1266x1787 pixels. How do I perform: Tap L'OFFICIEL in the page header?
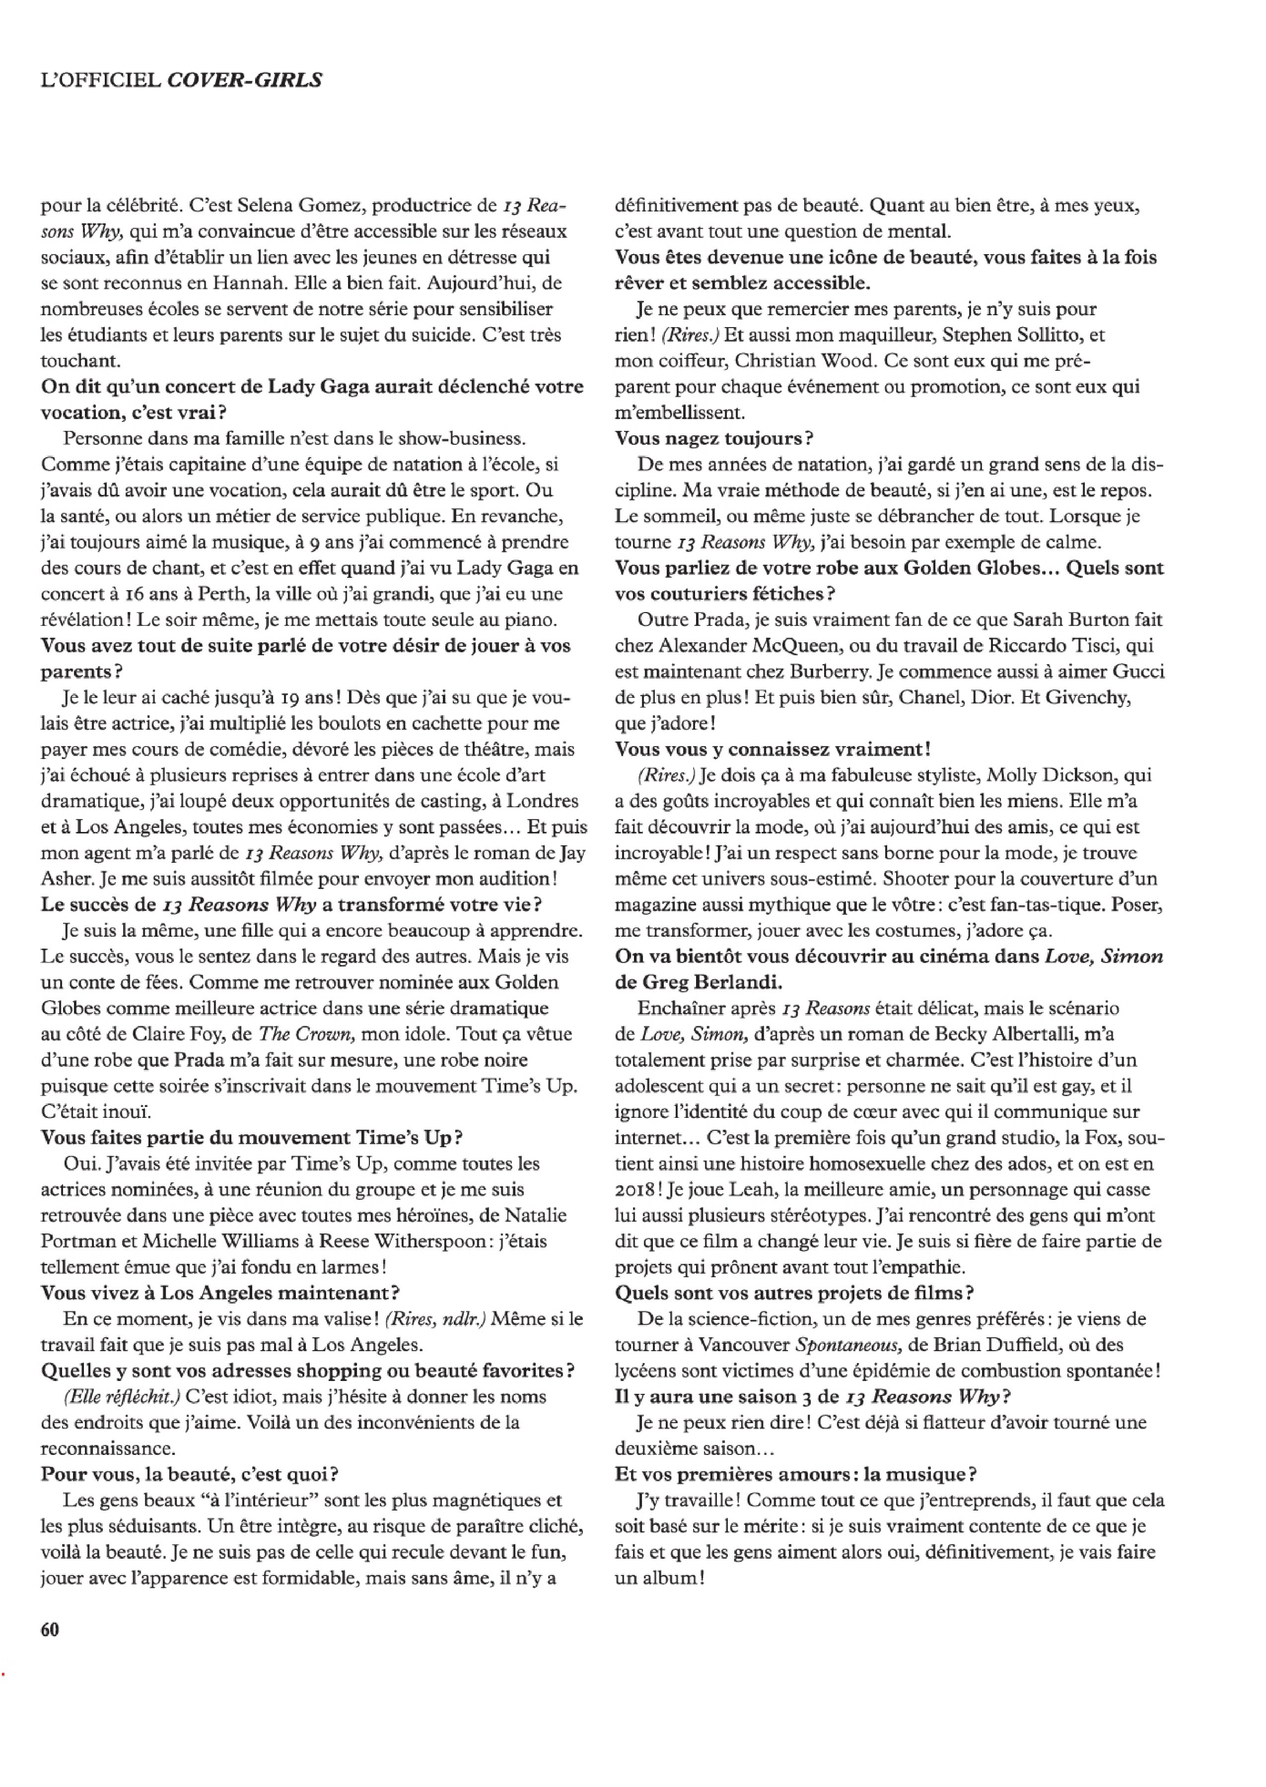(x=101, y=80)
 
